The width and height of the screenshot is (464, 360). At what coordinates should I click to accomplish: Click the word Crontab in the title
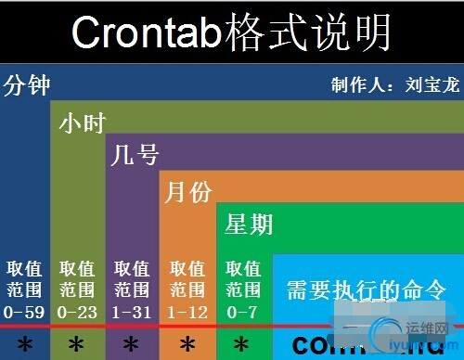(x=148, y=33)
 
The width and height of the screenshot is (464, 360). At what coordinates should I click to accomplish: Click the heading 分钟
(x=27, y=86)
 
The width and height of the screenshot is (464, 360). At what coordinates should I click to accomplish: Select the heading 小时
(x=82, y=123)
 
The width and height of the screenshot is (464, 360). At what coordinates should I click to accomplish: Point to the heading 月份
(x=188, y=192)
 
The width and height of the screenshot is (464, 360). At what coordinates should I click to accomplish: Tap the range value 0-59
(x=22, y=313)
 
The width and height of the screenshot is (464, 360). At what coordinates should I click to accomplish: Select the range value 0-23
(x=77, y=313)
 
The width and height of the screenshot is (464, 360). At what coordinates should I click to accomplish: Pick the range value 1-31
(x=132, y=313)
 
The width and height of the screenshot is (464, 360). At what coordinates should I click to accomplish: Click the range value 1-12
(x=188, y=313)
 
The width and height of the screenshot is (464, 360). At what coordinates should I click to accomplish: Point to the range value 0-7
(x=242, y=313)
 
